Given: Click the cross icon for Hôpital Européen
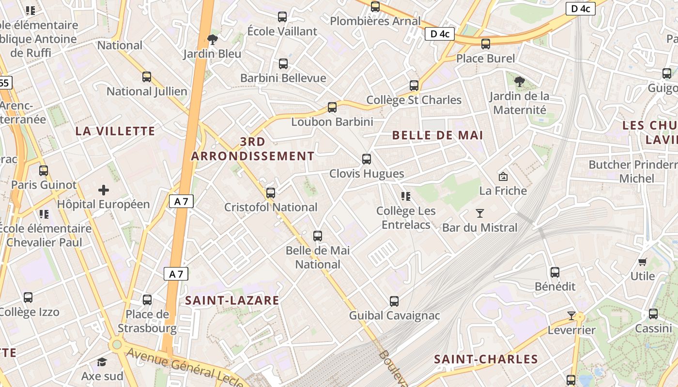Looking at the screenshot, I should tap(104, 190).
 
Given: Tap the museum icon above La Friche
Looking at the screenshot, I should tap(503, 177).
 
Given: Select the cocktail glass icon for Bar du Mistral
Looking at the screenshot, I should tap(480, 213).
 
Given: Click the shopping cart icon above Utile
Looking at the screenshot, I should tap(642, 262).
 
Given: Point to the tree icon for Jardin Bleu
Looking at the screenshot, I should tap(212, 39).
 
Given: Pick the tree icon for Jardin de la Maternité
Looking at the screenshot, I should tap(520, 82).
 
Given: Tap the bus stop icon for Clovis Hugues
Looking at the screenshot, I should tap(367, 159).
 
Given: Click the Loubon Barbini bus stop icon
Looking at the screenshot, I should tap(332, 107).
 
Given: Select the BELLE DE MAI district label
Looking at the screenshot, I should tap(437, 135).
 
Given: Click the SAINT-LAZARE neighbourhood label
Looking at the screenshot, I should tap(232, 300).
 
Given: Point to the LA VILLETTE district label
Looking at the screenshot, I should tap(115, 131).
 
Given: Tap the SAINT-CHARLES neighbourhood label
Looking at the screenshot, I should tap(486, 359).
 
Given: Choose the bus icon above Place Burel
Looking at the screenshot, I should tap(486, 44).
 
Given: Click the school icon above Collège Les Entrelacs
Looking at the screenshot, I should tap(406, 196).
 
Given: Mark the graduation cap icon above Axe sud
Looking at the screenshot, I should tap(102, 362).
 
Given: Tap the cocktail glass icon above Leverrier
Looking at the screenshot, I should tap(571, 316).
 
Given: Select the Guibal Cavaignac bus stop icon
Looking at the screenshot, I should tap(394, 301).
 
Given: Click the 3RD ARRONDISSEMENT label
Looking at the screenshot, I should tap(252, 149).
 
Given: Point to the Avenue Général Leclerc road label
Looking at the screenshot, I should tap(184, 369).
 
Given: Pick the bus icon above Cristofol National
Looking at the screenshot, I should tap(271, 193).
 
